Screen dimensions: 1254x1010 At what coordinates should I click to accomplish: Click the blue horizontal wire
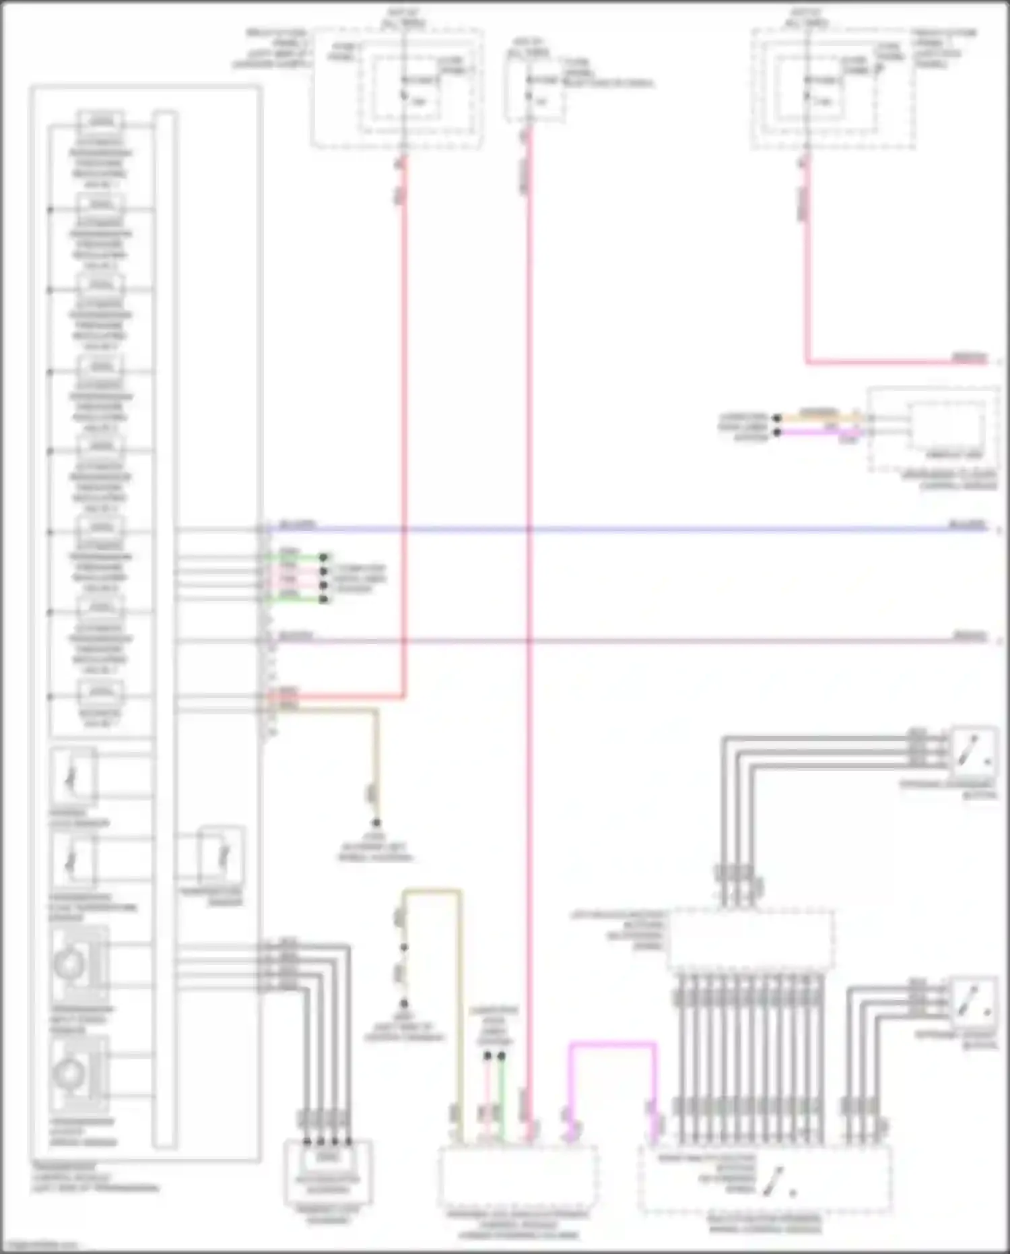(606, 530)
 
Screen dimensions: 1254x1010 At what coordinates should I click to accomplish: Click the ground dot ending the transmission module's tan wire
(376, 823)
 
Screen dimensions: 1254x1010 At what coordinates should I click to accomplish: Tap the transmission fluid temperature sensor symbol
(73, 860)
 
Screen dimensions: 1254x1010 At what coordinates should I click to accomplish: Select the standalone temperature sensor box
(222, 856)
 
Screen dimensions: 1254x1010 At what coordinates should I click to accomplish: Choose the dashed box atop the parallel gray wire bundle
(751, 940)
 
